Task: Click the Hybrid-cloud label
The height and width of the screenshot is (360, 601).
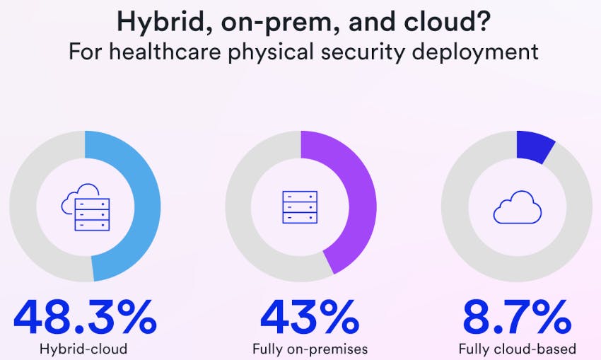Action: click(84, 349)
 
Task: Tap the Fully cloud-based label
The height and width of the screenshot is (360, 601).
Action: click(517, 349)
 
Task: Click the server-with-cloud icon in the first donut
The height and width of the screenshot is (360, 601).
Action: click(85, 207)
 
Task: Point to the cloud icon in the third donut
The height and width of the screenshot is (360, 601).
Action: click(517, 207)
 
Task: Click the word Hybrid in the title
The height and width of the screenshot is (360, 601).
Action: click(158, 22)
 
